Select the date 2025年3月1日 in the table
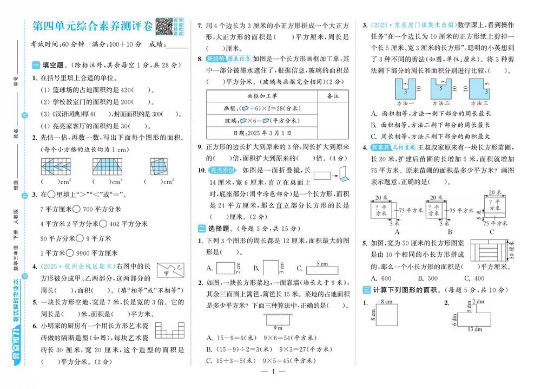tap(261, 133)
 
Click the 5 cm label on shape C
tap(321, 264)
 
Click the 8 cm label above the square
tap(386, 301)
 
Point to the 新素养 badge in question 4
tap(380, 147)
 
